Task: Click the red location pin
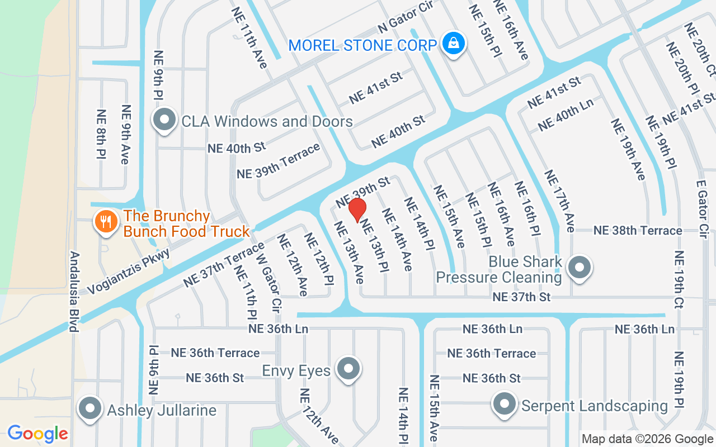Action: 357,210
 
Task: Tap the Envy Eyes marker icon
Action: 349,369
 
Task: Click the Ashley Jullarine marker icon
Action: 89,410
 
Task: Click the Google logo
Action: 37,433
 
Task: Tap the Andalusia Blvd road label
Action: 74,291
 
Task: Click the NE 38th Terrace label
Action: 638,230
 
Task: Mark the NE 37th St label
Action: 521,297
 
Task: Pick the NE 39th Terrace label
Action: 279,161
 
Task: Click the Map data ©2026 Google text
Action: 647,439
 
